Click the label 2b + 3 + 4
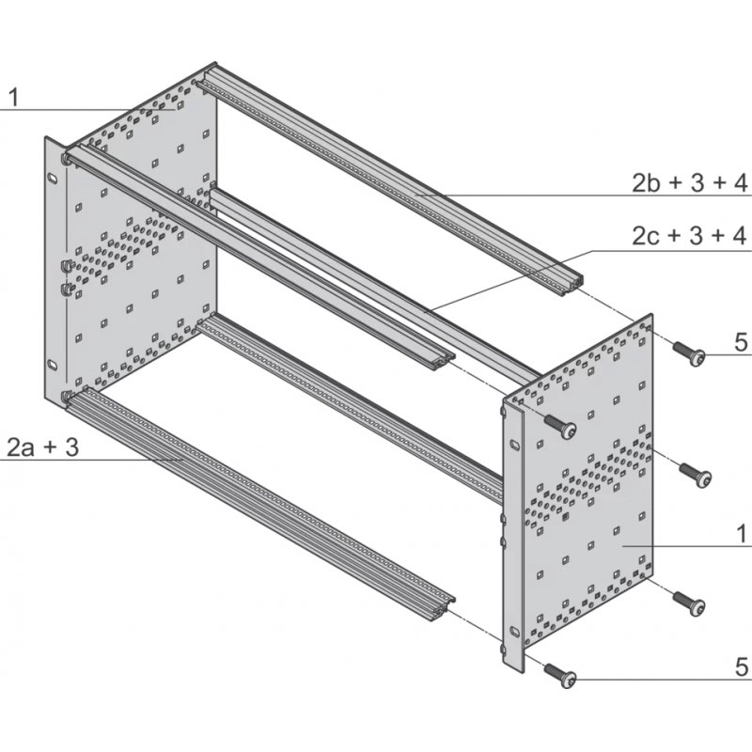[x=689, y=181]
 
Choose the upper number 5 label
[x=741, y=343]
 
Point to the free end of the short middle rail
[x=438, y=361]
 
